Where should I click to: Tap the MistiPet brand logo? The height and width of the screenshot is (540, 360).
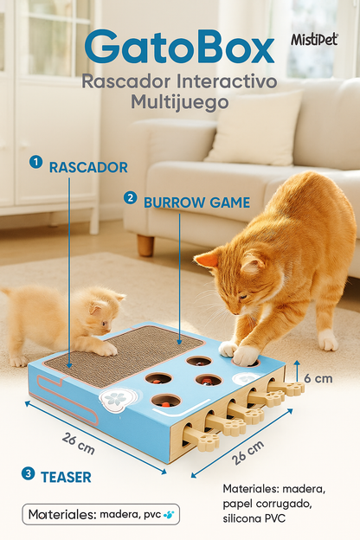(314, 40)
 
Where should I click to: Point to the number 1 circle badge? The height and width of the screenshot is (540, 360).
(35, 162)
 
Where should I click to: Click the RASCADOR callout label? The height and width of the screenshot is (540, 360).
(88, 167)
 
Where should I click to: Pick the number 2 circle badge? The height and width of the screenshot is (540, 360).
(130, 197)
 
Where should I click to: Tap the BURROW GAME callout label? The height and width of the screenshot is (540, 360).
(196, 202)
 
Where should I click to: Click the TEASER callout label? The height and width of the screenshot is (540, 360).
(67, 476)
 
